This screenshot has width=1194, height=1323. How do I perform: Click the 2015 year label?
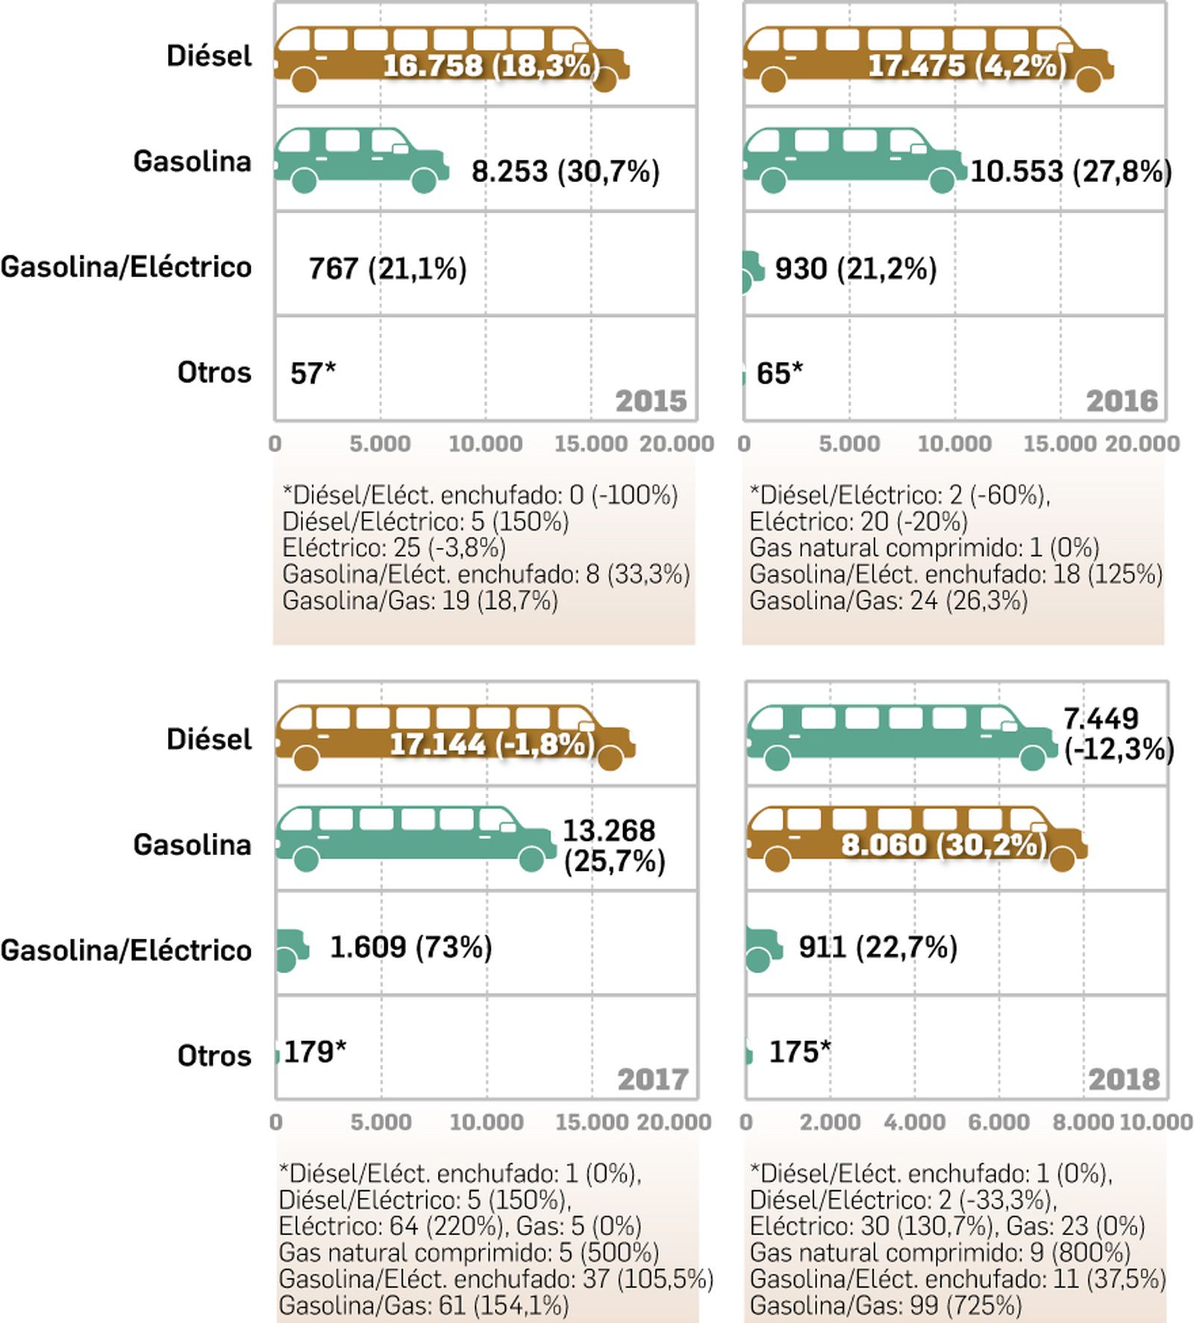pos(651,401)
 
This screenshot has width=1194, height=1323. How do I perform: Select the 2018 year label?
pos(1124,1080)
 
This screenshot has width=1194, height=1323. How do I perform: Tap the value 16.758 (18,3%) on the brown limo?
pos(490,66)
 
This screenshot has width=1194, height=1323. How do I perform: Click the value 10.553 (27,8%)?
pos(1070,172)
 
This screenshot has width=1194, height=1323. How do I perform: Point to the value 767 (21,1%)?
pos(387,269)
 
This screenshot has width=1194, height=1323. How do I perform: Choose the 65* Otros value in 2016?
pos(779,373)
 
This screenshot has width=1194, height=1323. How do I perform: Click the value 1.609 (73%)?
pos(410,948)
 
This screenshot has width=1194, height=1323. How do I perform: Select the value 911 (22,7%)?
pos(878,948)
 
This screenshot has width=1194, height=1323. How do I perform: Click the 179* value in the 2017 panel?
pos(315,1052)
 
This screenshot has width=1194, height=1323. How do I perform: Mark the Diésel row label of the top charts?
pos(209,56)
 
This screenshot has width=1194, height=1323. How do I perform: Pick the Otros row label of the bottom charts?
pos(214,1056)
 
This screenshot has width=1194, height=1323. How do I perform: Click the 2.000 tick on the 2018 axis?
pos(830,1122)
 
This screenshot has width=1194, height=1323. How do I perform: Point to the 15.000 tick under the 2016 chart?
pos(1059,444)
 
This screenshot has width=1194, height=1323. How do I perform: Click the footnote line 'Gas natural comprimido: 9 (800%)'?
pos(940,1252)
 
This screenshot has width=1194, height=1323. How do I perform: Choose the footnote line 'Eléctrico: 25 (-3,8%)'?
pos(393,548)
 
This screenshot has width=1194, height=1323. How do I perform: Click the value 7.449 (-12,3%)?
pos(1117,734)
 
